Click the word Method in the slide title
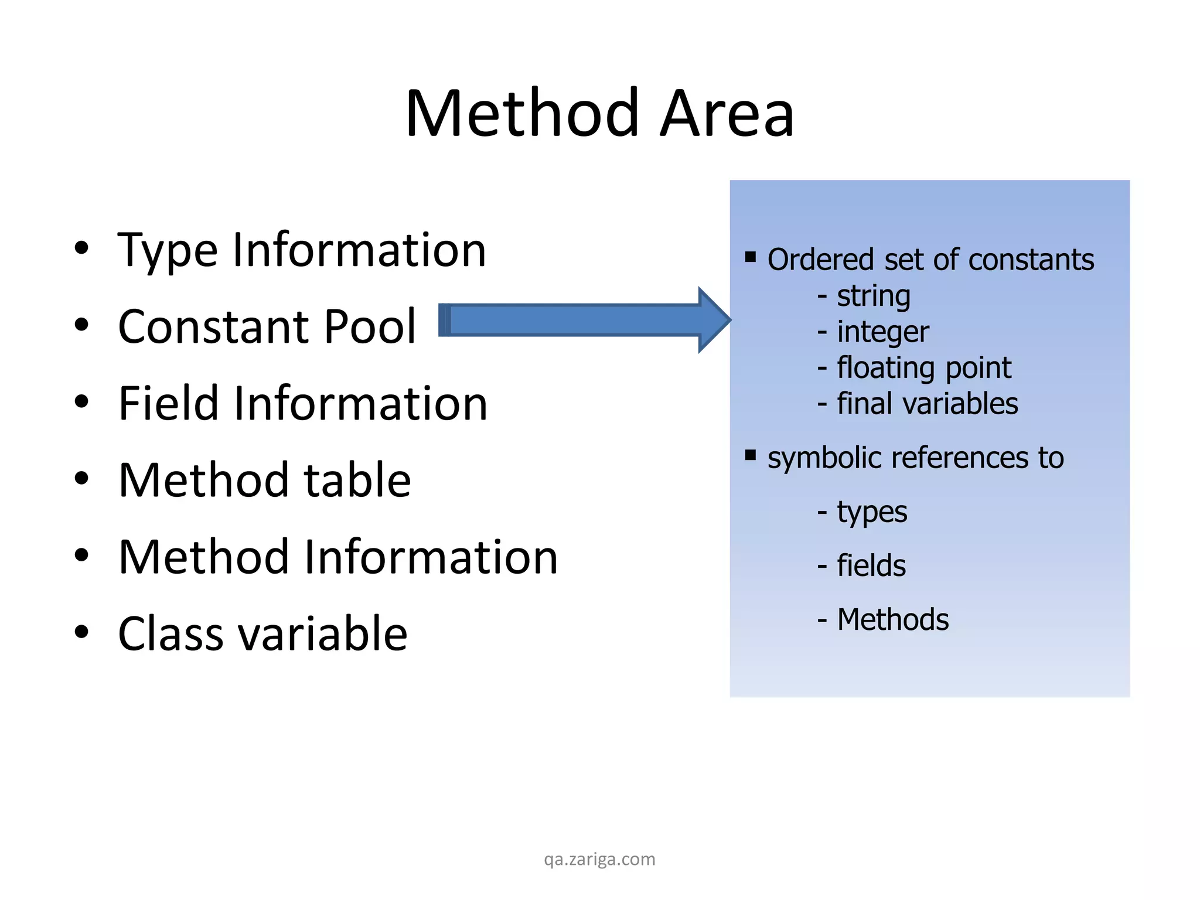(521, 114)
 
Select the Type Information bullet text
(302, 251)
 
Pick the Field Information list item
(302, 404)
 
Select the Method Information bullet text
(337, 557)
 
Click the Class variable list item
(262, 634)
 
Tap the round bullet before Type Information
(81, 248)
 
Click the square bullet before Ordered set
(751, 257)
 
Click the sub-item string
(873, 296)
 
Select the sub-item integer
(882, 332)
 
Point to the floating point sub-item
(923, 368)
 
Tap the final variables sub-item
(927, 404)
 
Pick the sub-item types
(871, 512)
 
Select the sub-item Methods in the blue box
(892, 620)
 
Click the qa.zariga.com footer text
(599, 860)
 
